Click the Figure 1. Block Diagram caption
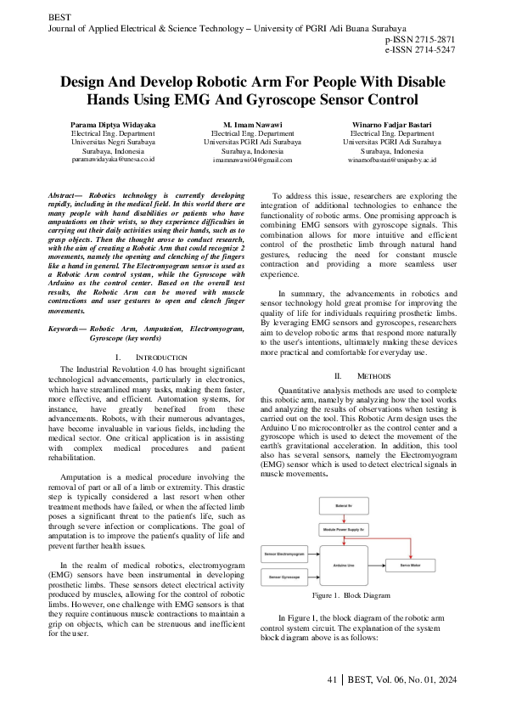pos(351,596)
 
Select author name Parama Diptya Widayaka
pos(113,125)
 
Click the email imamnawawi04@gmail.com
pos(252,159)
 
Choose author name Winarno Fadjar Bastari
pos(391,125)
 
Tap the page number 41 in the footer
pos(333,681)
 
